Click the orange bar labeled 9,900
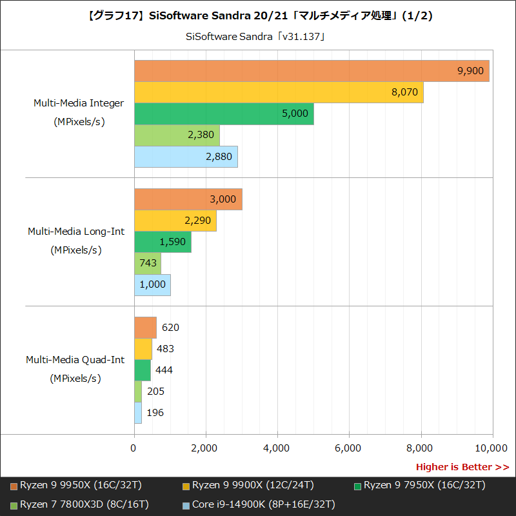click(312, 71)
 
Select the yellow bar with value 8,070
click(279, 92)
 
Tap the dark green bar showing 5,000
click(224, 114)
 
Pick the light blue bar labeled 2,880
click(186, 157)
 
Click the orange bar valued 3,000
click(188, 199)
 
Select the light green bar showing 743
click(147, 263)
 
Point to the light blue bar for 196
click(138, 413)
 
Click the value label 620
click(170, 328)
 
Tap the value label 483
click(165, 349)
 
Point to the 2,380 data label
click(201, 135)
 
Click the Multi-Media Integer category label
click(79, 103)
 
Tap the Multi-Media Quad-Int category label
click(75, 360)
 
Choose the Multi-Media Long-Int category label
click(76, 232)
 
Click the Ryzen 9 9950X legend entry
click(81, 485)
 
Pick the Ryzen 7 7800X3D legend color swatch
click(14, 504)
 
